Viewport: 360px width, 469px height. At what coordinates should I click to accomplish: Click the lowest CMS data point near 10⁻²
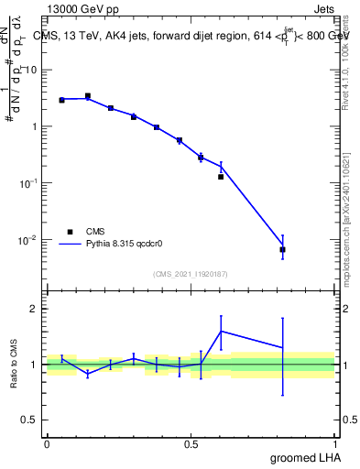282,249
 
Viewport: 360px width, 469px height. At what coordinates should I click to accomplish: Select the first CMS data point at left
61,100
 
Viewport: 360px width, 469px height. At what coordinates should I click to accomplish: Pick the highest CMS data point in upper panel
88,95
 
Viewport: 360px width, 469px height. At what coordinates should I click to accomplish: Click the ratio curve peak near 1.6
221,331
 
